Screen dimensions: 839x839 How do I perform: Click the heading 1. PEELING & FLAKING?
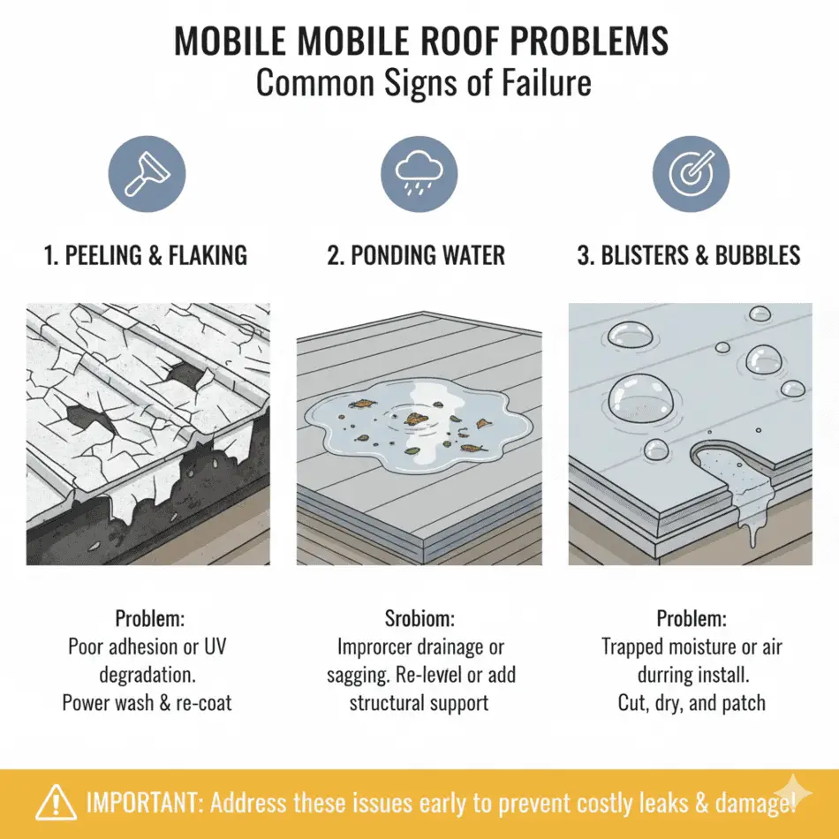coord(146,256)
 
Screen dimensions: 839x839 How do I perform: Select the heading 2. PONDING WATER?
coord(416,256)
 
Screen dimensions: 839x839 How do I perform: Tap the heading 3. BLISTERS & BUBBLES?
coord(689,256)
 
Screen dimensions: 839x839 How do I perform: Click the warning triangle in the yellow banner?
coord(55,802)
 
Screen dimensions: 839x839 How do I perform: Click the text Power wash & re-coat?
coord(147,704)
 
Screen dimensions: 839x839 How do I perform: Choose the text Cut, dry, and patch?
coord(692,704)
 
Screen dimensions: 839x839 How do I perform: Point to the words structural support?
coord(419,704)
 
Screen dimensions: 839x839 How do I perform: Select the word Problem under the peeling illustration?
coord(147,619)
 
